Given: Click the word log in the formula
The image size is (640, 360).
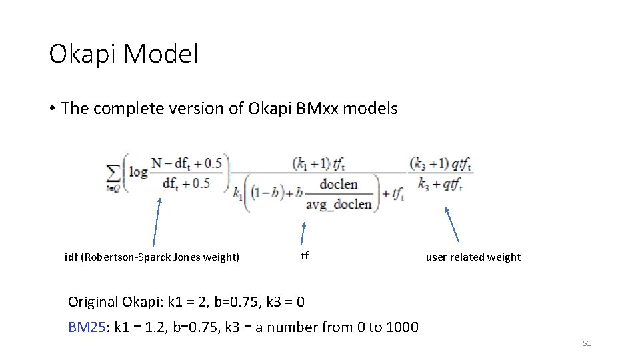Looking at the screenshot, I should coord(139,171).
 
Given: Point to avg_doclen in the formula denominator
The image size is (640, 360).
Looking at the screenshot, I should coord(339,204).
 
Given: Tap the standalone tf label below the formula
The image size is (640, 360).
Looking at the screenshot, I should coord(305,255).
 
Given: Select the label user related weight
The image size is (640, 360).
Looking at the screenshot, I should coord(473,257).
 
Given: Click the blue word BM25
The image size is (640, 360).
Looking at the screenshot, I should coord(87,327).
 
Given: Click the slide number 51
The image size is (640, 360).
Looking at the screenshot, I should coord(587,343).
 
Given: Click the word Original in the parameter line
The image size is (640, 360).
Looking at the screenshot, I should coord(93,302).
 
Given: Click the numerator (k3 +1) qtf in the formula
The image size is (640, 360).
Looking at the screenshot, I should coord(441,164).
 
